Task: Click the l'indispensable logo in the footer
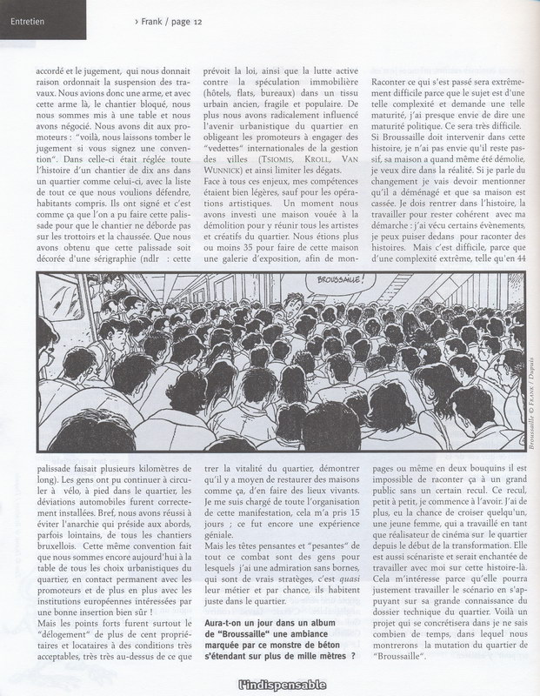coord(270,685)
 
